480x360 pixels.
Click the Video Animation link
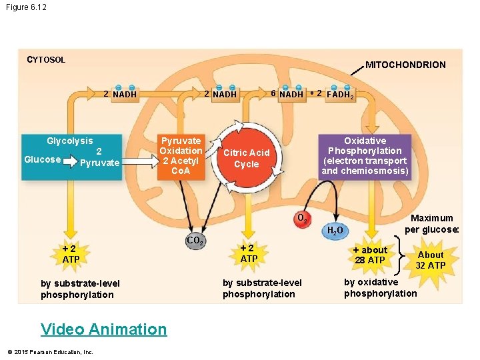click(x=103, y=329)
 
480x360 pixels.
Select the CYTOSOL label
click(x=46, y=60)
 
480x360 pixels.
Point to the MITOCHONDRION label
click(x=405, y=65)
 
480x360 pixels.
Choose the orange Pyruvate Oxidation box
click(x=181, y=156)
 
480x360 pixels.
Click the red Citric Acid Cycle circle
click(x=246, y=159)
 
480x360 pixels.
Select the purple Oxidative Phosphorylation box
click(x=365, y=156)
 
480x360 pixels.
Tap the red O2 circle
click(x=301, y=218)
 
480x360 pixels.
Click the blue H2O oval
click(x=335, y=231)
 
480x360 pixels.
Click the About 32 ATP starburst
click(x=430, y=260)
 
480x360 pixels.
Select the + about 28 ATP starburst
click(x=369, y=255)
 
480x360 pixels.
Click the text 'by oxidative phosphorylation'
click(x=380, y=287)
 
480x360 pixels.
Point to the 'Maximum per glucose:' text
click(x=431, y=223)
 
